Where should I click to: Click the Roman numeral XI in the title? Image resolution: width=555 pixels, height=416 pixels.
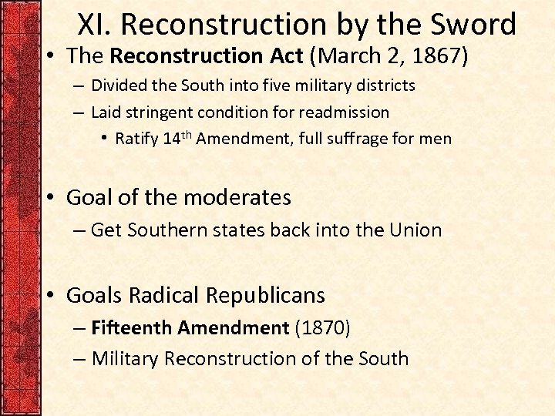(94, 25)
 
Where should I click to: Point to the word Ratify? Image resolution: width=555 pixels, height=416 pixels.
(137, 139)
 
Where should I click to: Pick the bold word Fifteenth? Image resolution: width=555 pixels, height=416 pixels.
(131, 327)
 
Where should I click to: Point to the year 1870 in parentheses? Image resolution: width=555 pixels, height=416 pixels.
(322, 327)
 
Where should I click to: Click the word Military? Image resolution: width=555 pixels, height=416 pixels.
(125, 359)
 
